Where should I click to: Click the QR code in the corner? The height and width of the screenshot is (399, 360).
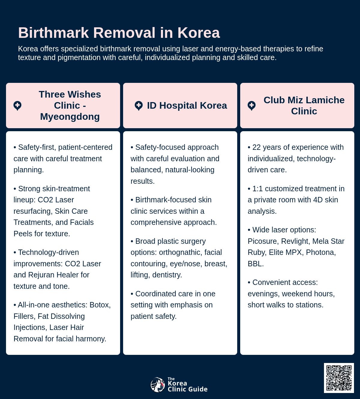339,378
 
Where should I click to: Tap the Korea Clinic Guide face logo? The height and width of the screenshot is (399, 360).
157,385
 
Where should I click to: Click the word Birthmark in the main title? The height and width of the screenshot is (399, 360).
53,33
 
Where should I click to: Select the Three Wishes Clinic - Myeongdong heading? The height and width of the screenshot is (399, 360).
70,105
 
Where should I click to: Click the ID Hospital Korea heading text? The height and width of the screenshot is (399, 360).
187,105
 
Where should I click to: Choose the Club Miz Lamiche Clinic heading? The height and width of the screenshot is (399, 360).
304,105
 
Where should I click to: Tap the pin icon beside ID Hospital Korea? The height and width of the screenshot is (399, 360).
138,106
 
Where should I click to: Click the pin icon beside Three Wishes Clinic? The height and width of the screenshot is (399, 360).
17,106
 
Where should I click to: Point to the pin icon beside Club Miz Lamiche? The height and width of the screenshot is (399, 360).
252,106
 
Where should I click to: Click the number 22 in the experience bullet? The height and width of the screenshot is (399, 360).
256,147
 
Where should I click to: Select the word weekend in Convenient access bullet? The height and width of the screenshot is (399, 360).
296,294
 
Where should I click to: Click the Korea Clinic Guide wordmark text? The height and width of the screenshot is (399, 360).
187,386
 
